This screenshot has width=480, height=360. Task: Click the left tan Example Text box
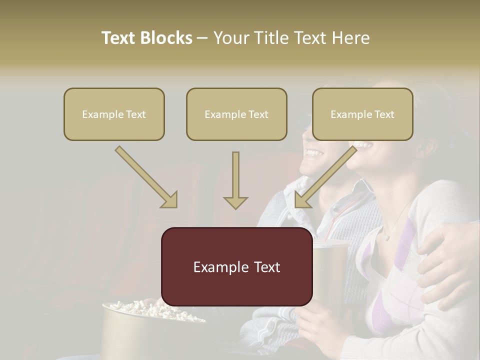(114, 114)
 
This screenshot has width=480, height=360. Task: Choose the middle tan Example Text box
(236, 114)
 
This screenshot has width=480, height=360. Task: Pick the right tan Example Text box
(362, 114)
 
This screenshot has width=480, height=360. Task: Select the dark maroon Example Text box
(236, 266)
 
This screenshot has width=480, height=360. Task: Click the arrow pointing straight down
(235, 182)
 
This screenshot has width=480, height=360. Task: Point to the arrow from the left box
(147, 177)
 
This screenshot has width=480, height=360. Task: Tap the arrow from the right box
(325, 177)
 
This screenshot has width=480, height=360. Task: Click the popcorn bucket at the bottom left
(145, 325)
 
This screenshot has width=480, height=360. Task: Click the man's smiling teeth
(315, 151)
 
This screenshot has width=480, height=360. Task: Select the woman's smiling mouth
(364, 146)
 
